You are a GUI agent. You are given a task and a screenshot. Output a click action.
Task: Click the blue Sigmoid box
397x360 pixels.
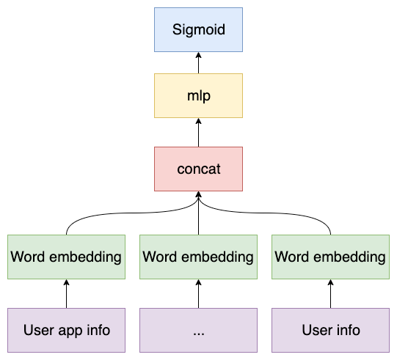coord(198,29)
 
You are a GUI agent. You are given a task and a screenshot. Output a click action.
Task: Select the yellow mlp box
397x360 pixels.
coord(198,95)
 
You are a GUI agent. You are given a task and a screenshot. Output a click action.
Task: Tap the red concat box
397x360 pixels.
coord(198,169)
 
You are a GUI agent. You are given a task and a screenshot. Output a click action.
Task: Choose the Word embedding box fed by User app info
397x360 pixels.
coord(66,257)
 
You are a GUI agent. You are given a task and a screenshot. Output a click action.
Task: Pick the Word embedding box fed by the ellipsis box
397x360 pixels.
coord(198,257)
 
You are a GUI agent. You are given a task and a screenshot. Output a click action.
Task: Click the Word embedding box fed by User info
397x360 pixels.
coord(330,257)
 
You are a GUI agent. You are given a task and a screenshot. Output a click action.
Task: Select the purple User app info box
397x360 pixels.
coord(66,330)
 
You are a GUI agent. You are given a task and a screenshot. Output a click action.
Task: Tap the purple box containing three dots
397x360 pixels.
coord(198,330)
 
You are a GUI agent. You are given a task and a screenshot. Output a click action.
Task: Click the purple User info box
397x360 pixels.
coord(330,330)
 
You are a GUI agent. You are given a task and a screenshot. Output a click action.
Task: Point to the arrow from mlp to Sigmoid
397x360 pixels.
coord(198,63)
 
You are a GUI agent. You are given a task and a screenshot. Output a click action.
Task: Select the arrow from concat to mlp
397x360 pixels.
coord(198,133)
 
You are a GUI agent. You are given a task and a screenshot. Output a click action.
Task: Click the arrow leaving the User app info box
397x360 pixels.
coord(66,293)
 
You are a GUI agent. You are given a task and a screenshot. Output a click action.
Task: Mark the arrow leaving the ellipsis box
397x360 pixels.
coord(198,293)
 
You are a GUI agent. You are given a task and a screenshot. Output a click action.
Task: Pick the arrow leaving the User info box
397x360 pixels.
coord(330,293)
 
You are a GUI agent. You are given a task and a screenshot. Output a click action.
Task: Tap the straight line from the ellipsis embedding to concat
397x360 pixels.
coord(198,220)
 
